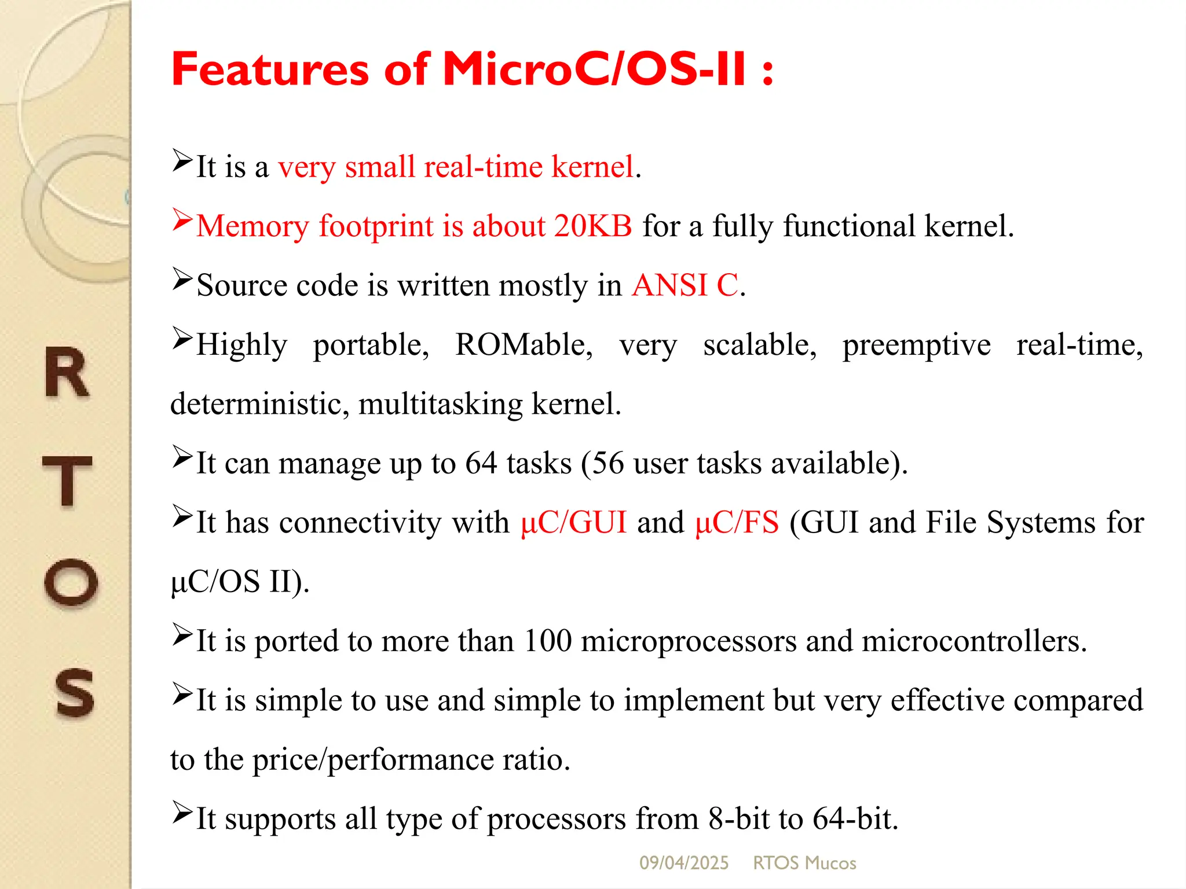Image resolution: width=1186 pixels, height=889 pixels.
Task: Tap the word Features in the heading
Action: coord(270,69)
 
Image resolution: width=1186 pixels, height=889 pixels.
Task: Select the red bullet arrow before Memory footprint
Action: coord(182,221)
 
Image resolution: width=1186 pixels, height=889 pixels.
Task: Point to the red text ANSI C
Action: coord(685,285)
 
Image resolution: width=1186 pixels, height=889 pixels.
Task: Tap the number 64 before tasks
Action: coord(481,463)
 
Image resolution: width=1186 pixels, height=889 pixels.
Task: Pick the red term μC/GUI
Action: coord(573,523)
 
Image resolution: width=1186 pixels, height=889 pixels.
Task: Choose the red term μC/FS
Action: coord(737,523)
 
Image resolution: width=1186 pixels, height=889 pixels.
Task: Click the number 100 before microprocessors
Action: coord(547,641)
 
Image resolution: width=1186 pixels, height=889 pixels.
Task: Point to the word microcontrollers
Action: coord(973,641)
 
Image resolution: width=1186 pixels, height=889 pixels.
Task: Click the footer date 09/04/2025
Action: coord(683,863)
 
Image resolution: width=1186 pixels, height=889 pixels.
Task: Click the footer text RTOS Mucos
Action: coord(804,863)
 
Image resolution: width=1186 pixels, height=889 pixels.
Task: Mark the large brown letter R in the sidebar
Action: coord(67,373)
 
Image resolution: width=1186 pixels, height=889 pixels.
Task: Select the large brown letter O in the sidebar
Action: coord(71,583)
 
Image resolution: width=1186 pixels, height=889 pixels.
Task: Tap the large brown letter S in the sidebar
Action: coord(74,693)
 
